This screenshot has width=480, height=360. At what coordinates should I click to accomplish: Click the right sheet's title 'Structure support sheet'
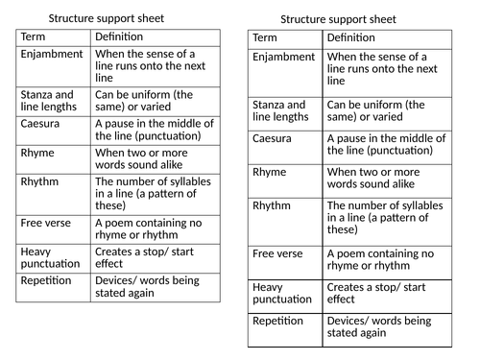339,19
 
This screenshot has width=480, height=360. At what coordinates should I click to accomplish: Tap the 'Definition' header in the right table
351,37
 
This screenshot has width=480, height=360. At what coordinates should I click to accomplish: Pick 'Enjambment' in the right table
284,58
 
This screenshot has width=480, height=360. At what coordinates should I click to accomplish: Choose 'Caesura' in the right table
273,138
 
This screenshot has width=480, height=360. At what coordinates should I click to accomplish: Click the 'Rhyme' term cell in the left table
37,152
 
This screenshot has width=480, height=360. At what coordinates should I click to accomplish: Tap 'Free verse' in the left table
45,223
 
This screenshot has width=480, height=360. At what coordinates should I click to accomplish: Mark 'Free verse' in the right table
278,253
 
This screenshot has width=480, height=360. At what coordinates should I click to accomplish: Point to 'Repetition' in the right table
279,321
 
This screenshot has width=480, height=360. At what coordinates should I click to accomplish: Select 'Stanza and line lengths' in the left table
47,102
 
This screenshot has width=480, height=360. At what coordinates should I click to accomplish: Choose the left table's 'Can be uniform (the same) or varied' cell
143,102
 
